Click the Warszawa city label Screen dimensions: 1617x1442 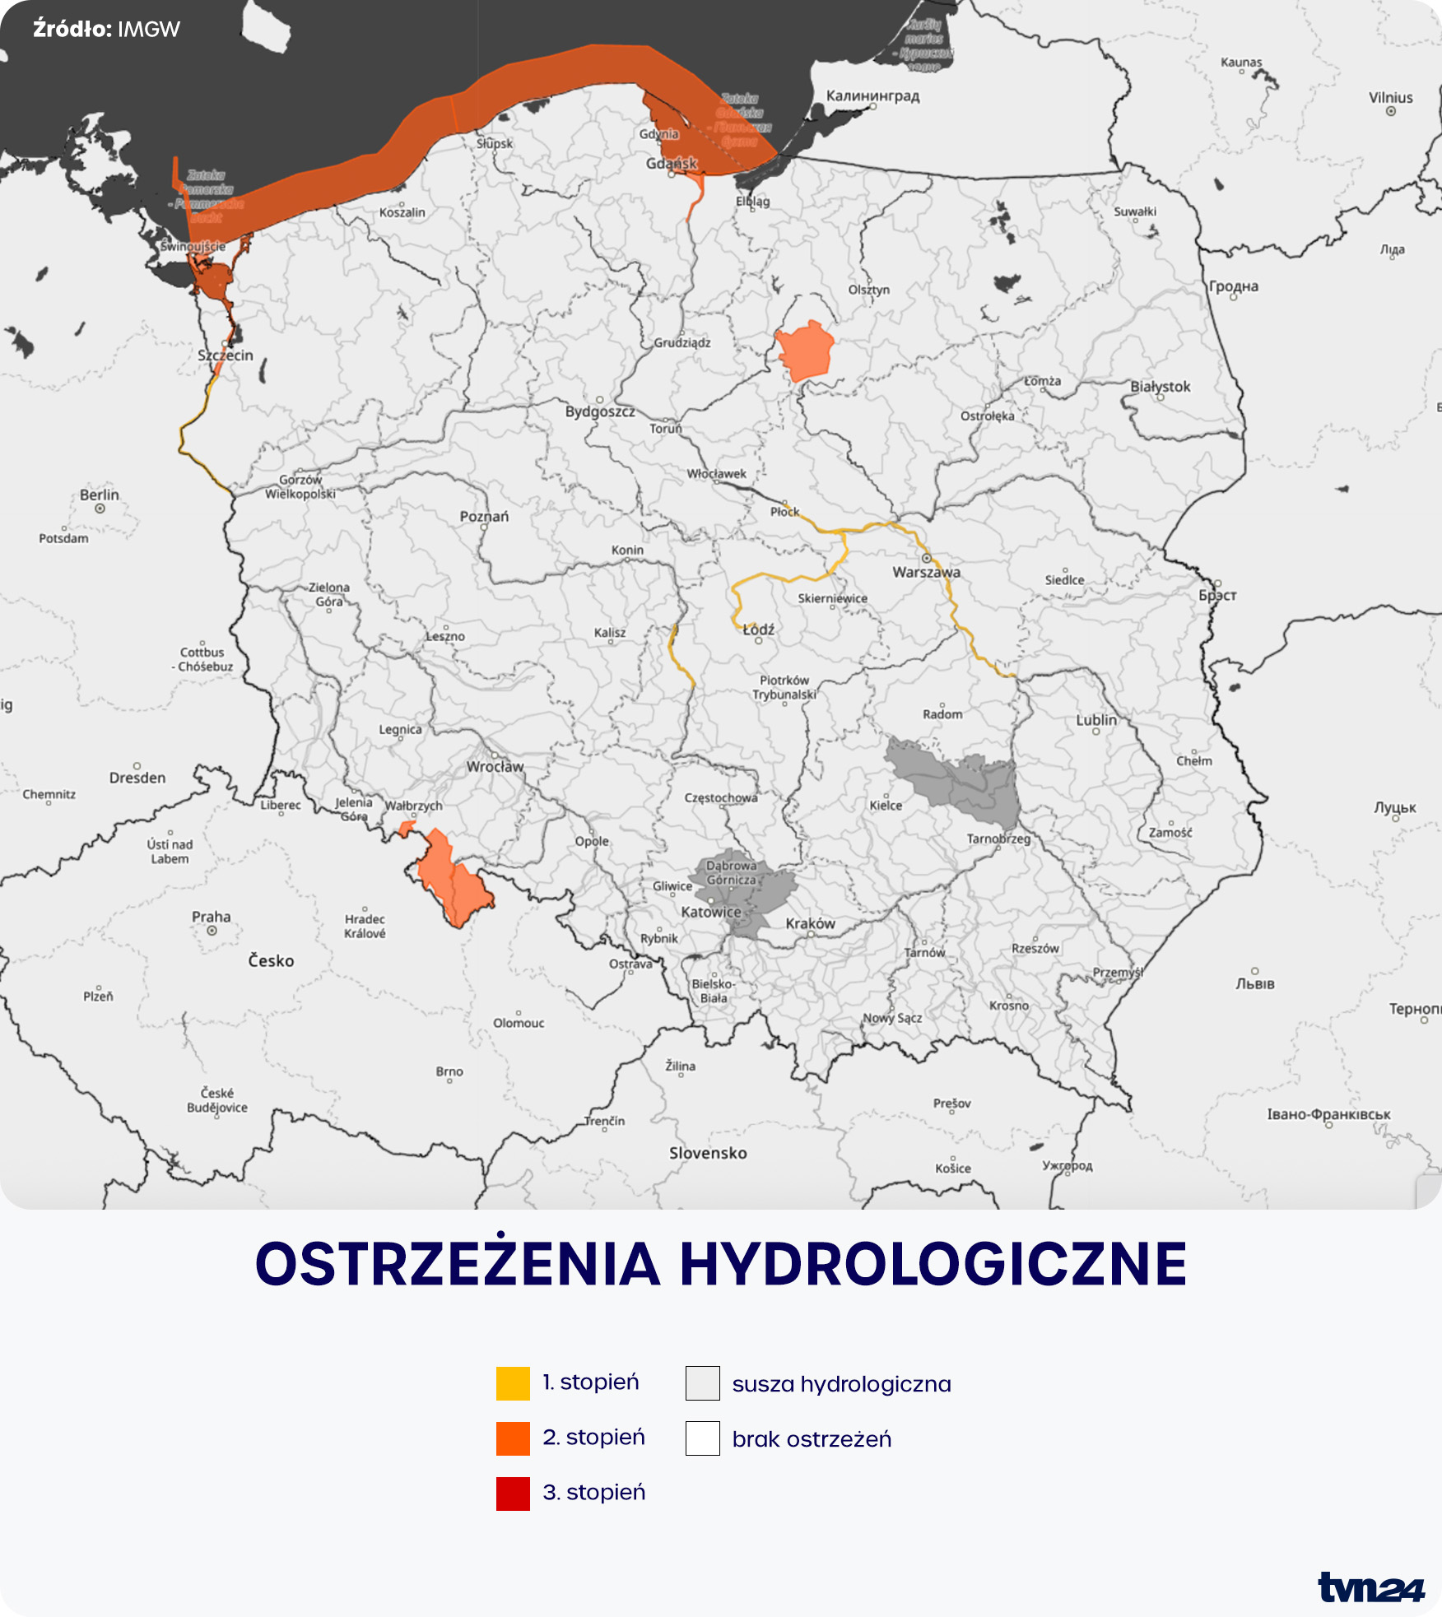pos(926,572)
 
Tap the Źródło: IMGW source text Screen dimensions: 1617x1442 pos(106,30)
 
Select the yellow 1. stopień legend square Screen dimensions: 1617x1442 pos(513,1383)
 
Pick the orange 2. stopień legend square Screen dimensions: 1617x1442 pos(513,1438)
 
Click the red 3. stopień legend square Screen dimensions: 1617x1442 pos(513,1494)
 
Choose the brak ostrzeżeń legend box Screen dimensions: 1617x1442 pos(702,1438)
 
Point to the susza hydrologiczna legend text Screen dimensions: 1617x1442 pos(841,1384)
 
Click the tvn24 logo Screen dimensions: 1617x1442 pos(1370,1587)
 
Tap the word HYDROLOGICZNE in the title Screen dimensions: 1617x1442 pos(933,1265)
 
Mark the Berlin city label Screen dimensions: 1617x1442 pos(100,495)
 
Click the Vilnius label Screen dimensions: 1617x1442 pos(1390,97)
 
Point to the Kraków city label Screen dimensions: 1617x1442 pos(810,923)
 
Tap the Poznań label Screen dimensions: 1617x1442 pos(484,516)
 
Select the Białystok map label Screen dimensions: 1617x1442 pos(1160,386)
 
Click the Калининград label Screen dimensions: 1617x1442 pos(872,95)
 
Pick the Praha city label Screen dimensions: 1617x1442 pos(212,917)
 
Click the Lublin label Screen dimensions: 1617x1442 pos(1096,719)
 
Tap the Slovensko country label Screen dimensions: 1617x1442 pos(708,1153)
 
